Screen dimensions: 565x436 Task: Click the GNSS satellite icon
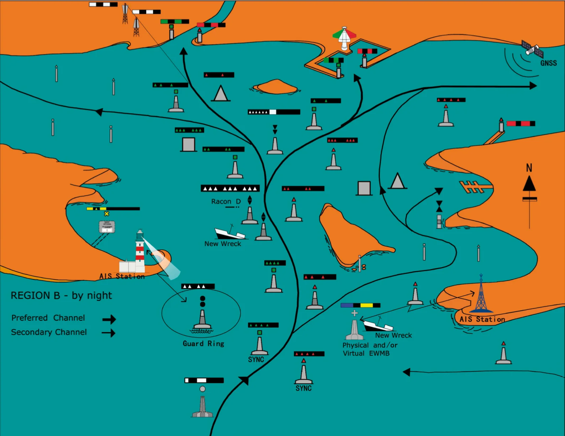point(532,50)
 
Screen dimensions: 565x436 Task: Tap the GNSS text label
point(548,63)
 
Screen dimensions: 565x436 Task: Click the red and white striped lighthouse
point(140,251)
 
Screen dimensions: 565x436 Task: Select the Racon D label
point(226,202)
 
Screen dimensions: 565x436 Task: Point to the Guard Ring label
point(203,344)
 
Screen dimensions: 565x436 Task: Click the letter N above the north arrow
point(529,168)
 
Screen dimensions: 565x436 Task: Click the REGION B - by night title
point(61,296)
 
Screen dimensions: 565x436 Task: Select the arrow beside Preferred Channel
point(109,319)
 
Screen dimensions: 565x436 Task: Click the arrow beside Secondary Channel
point(109,333)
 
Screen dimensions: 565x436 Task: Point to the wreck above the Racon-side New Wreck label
point(229,233)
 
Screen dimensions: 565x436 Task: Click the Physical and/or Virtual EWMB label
point(370,349)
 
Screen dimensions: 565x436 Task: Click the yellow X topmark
point(106,214)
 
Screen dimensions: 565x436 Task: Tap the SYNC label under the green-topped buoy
point(256,360)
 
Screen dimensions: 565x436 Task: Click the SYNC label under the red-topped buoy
point(303,388)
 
